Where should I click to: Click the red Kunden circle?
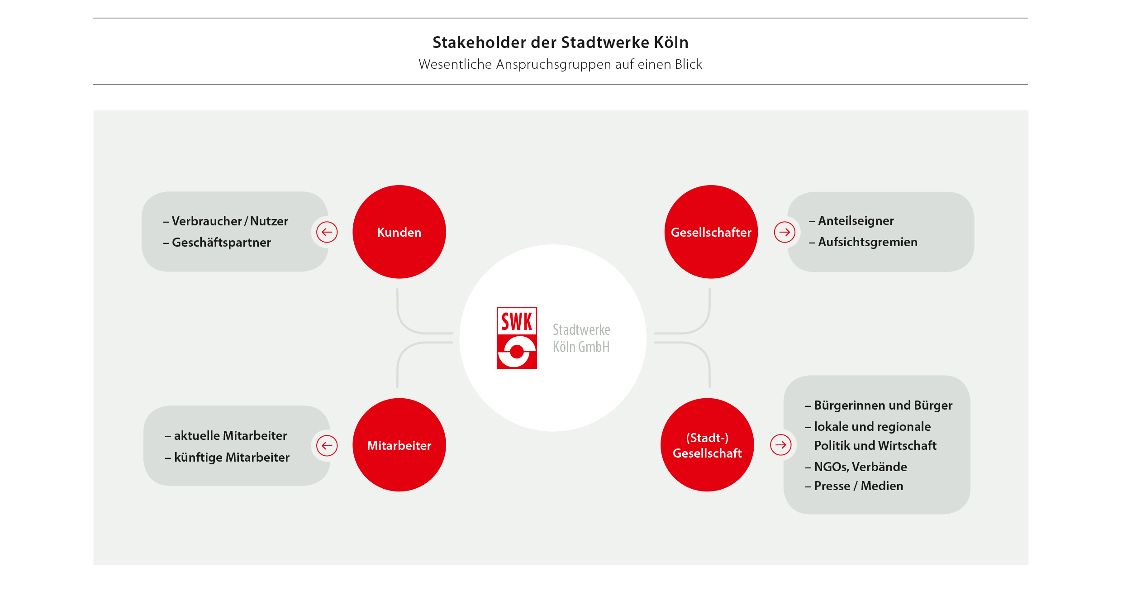point(399,232)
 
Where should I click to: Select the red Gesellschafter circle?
point(711,232)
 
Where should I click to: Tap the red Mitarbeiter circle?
point(399,445)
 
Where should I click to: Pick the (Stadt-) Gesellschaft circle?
point(707,445)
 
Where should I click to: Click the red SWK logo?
point(517,338)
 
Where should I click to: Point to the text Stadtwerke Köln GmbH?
point(581,338)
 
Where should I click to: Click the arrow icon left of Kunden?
point(327,232)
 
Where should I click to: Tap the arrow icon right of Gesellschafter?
point(784,232)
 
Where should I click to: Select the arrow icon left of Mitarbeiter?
point(327,446)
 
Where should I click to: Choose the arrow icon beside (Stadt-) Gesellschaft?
point(781,445)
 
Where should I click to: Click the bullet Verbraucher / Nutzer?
point(226,221)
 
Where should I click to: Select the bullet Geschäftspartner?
point(217,243)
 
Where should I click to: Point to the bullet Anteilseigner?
point(851,221)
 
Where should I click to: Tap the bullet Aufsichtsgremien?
point(863,242)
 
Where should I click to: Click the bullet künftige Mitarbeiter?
point(227,458)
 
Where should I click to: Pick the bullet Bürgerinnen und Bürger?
point(879,405)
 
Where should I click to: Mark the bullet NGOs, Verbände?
point(856,467)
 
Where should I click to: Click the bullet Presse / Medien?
point(854,486)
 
